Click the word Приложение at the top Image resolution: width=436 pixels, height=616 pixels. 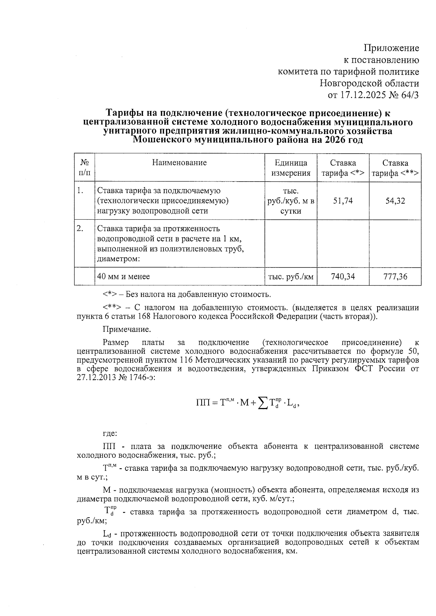[x=391, y=48]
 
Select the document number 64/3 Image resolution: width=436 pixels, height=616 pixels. [x=410, y=95]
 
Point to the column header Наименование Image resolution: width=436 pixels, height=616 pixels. [x=179, y=163]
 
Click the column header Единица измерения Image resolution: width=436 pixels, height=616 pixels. [x=291, y=168]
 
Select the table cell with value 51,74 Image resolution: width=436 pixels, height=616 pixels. [x=343, y=201]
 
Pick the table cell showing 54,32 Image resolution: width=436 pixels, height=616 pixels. [x=395, y=201]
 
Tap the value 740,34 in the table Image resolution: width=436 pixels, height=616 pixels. [x=343, y=277]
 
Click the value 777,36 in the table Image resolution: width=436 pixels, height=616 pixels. [x=395, y=277]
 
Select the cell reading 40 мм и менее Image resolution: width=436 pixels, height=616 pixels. [x=124, y=277]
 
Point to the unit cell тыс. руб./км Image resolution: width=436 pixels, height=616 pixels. [x=290, y=277]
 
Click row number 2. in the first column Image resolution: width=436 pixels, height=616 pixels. [x=80, y=228]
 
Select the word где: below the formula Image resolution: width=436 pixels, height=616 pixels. [x=110, y=433]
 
